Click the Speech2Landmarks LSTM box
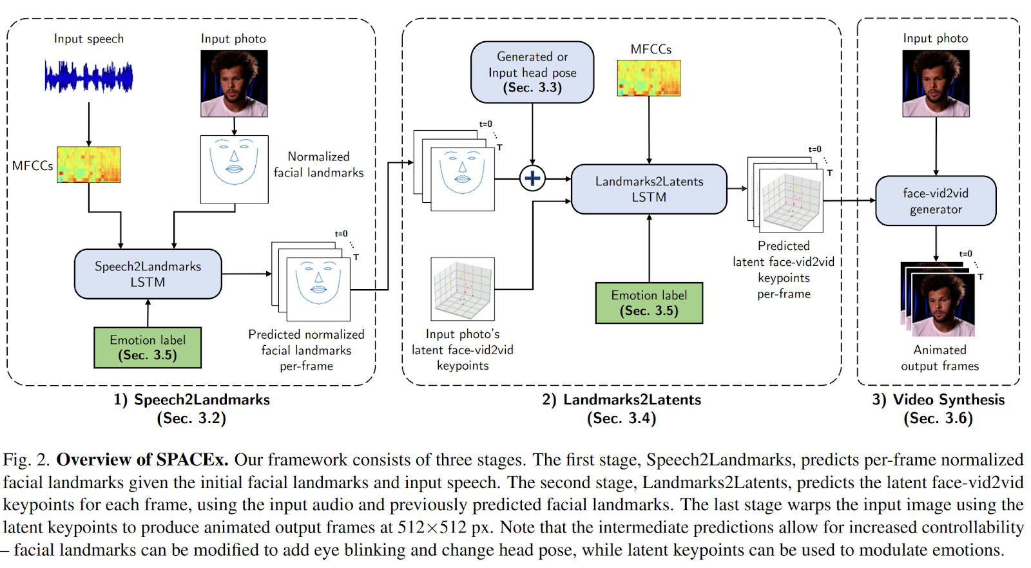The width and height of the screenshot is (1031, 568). coord(148,274)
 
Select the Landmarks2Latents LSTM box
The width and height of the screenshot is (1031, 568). coord(649,189)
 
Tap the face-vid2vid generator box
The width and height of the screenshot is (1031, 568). coord(936,201)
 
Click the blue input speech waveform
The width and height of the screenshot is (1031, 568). coord(88,77)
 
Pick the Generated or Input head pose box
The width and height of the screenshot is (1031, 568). coord(532,72)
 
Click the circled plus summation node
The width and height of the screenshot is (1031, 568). coord(532,178)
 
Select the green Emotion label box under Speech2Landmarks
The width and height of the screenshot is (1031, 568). coord(148,348)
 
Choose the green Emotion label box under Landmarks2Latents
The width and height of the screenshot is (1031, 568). coord(649,303)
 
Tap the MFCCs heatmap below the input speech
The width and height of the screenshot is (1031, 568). coord(89,164)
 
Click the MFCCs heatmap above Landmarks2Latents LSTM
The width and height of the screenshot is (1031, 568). coord(649,78)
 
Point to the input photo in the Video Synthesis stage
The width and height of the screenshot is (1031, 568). coord(936,84)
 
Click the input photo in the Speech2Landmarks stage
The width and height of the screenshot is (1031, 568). coord(234,84)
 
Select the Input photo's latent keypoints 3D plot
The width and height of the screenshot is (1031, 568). coord(463,289)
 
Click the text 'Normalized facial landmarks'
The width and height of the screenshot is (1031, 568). coord(318,164)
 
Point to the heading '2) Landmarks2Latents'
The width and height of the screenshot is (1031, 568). coord(621,399)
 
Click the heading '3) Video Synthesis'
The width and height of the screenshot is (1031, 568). coord(938,399)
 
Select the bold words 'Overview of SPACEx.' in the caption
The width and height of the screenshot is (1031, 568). coord(142,460)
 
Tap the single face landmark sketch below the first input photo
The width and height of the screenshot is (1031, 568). coord(234,169)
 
